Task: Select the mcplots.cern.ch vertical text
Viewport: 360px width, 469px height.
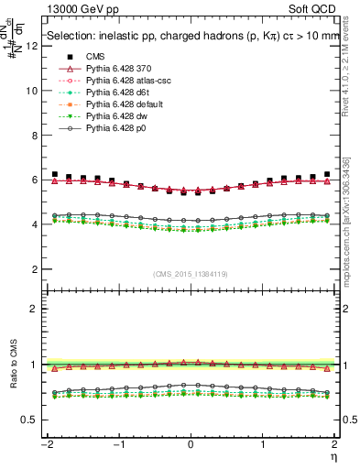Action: click(352, 220)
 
